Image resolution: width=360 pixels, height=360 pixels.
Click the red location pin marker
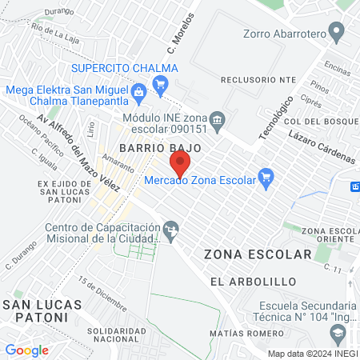(181, 166)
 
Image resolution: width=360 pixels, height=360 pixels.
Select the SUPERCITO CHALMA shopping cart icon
(160, 83)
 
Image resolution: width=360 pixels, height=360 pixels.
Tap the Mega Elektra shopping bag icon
(139, 93)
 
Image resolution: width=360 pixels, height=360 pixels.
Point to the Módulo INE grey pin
(218, 118)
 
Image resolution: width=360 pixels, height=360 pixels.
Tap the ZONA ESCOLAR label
(258, 254)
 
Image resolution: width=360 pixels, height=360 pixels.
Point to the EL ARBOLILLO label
(253, 282)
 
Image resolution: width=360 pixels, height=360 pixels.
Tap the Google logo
(26, 350)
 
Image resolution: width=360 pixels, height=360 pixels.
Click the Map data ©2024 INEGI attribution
(312, 354)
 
